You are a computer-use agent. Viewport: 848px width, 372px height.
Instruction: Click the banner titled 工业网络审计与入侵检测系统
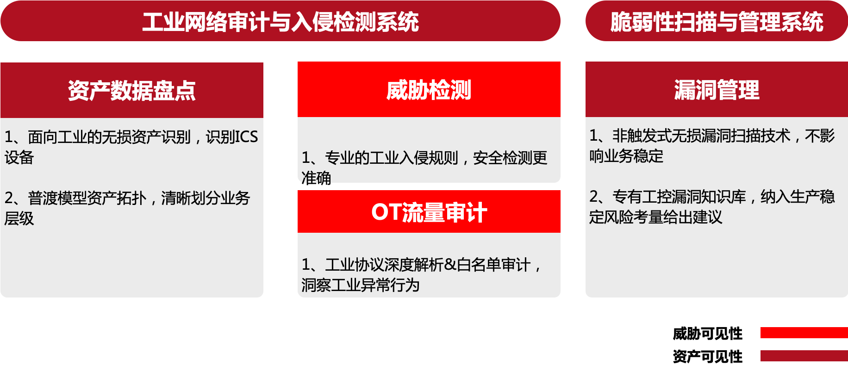[281, 22]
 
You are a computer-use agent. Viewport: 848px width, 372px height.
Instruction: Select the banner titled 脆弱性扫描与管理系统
[717, 22]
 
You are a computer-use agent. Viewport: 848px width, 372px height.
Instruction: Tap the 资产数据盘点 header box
[132, 90]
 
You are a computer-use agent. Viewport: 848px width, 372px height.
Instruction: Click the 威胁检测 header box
[429, 89]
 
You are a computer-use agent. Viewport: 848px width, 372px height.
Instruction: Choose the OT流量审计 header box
[429, 212]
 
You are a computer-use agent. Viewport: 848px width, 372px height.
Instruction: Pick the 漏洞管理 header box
[717, 89]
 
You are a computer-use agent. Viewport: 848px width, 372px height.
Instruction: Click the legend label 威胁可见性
[707, 333]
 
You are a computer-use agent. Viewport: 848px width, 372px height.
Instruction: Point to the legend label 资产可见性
[707, 356]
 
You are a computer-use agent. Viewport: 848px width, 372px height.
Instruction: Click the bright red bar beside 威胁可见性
[804, 333]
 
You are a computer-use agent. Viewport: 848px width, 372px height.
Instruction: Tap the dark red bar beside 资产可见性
[804, 356]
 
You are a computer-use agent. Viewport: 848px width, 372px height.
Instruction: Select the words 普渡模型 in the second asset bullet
[57, 198]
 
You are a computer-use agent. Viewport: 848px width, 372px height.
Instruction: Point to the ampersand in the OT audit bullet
[450, 265]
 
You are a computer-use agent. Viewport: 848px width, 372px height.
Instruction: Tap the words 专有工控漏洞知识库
[679, 197]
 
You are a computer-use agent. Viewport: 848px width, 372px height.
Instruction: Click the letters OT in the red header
[386, 212]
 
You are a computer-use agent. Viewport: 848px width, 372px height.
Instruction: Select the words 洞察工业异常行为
[360, 285]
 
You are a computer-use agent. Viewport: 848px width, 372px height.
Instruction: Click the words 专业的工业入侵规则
[392, 158]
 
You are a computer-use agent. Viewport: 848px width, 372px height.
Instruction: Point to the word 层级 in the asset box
[19, 218]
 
